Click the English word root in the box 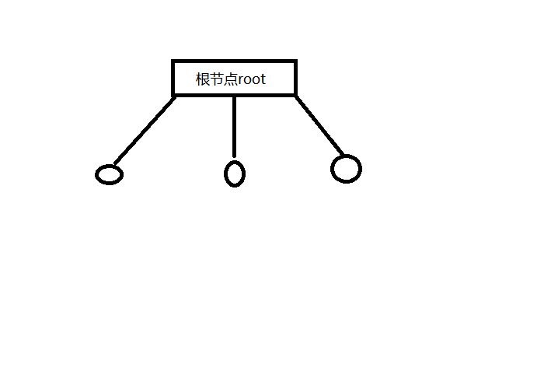pos(253,79)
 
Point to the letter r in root pos(241,80)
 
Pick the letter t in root pos(263,79)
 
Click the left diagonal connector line pos(145,131)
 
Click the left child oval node pos(110,175)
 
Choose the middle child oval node pos(235,173)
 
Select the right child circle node pos(346,169)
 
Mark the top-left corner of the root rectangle pos(173,61)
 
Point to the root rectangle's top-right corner pos(295,61)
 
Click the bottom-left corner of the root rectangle pos(173,95)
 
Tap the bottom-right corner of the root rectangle pos(295,95)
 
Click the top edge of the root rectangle pos(234,61)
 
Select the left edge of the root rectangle pos(173,78)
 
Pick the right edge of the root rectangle pos(295,78)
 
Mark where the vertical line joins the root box pos(234,96)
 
